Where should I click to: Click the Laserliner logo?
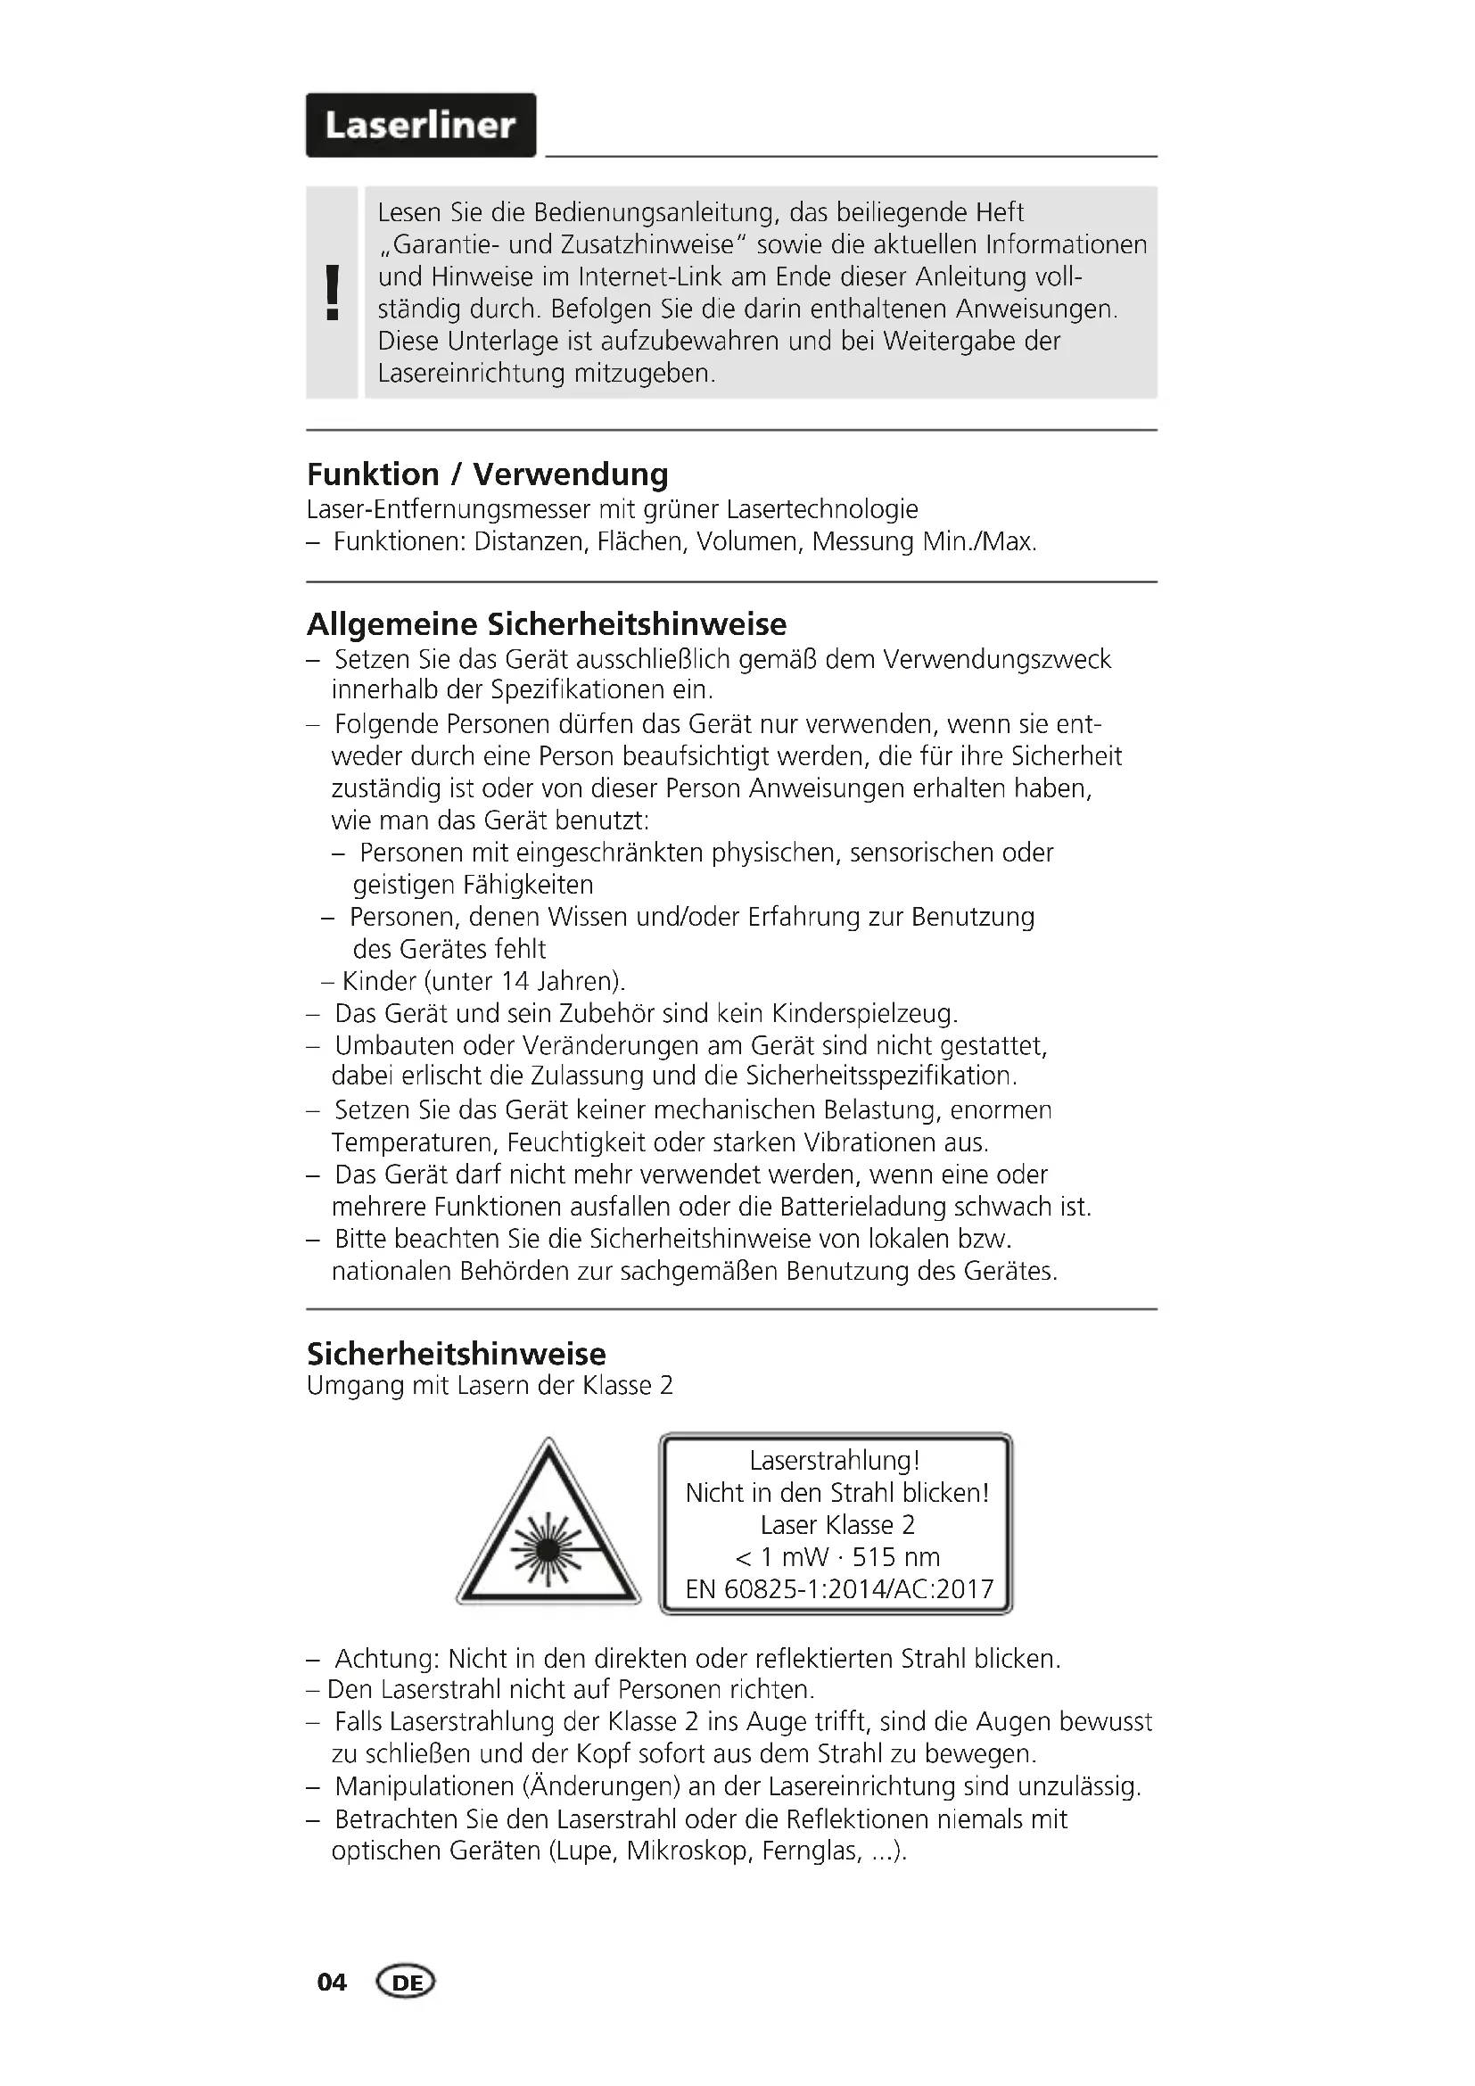pos(421,126)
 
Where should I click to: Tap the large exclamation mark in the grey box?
pos(333,292)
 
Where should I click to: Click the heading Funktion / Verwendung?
pos(488,474)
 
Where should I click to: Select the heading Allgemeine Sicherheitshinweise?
pos(547,624)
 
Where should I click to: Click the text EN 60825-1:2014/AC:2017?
pos(839,1589)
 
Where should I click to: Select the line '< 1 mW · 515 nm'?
pos(836,1557)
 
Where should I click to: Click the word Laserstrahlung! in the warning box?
pos(835,1461)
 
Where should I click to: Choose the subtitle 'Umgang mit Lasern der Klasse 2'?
pos(490,1386)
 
